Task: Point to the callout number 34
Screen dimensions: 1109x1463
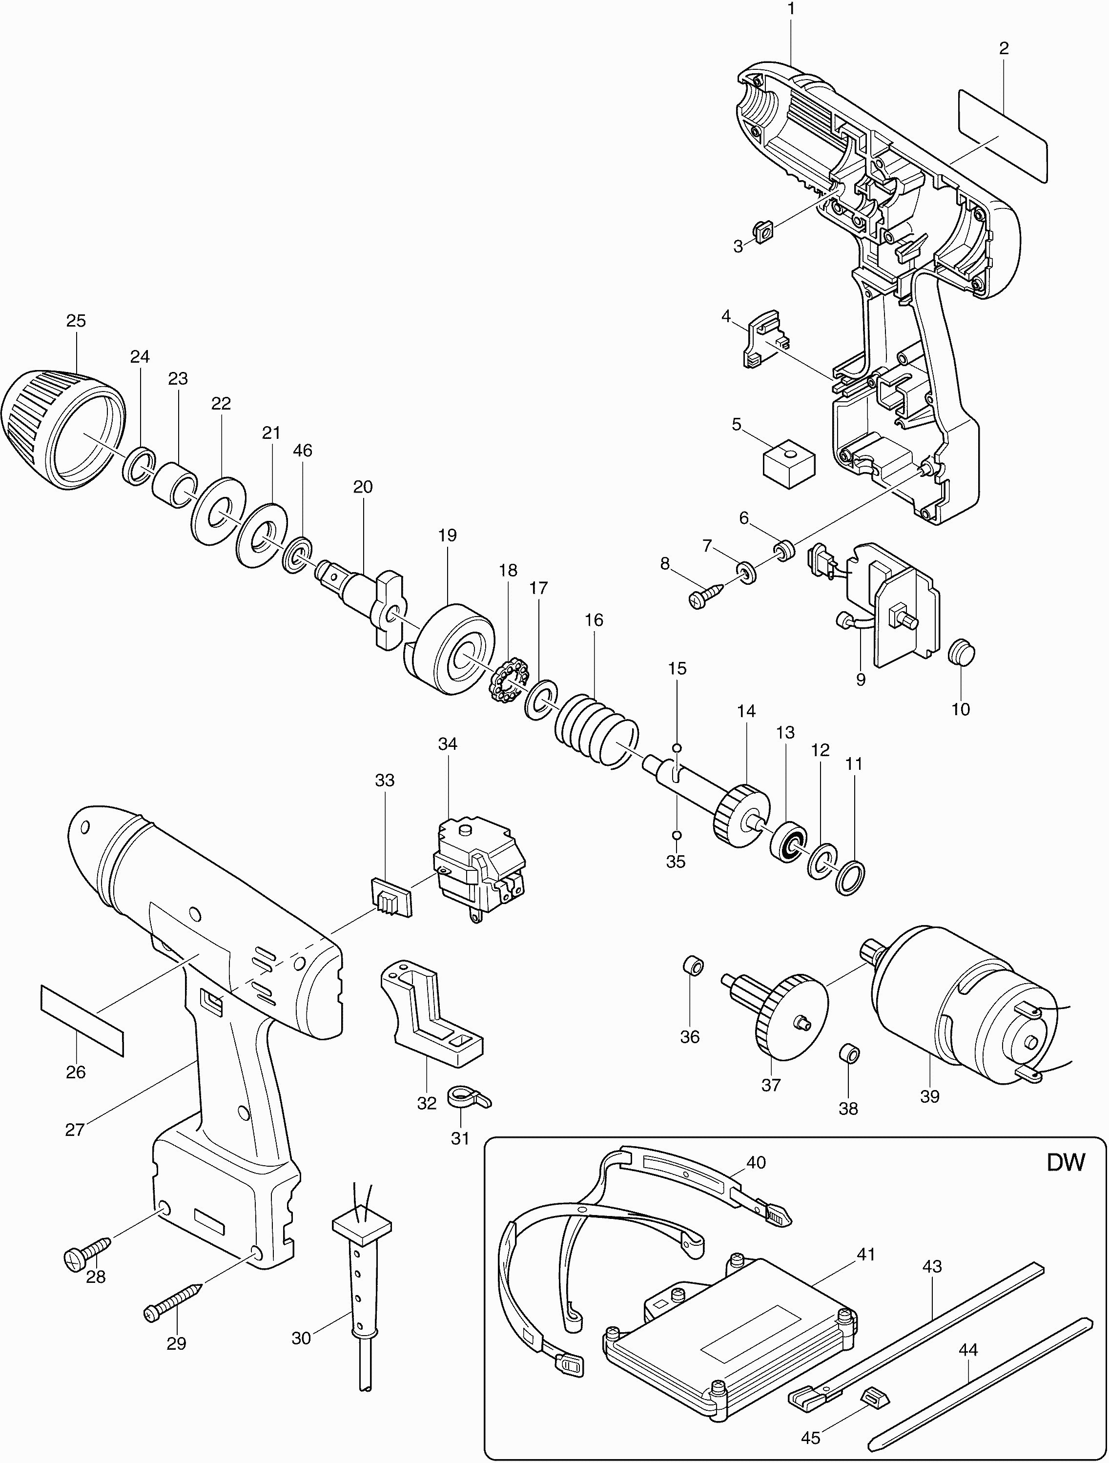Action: [448, 744]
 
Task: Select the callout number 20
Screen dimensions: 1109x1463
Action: [362, 487]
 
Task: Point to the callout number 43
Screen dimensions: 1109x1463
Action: [932, 1267]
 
